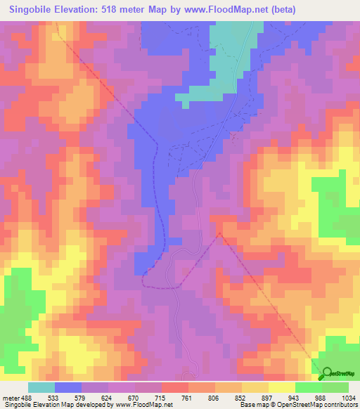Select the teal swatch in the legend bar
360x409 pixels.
pos(41,387)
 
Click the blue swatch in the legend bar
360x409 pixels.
pos(68,387)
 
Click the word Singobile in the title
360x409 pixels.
pos(34,10)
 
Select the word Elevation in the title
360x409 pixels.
pos(85,10)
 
